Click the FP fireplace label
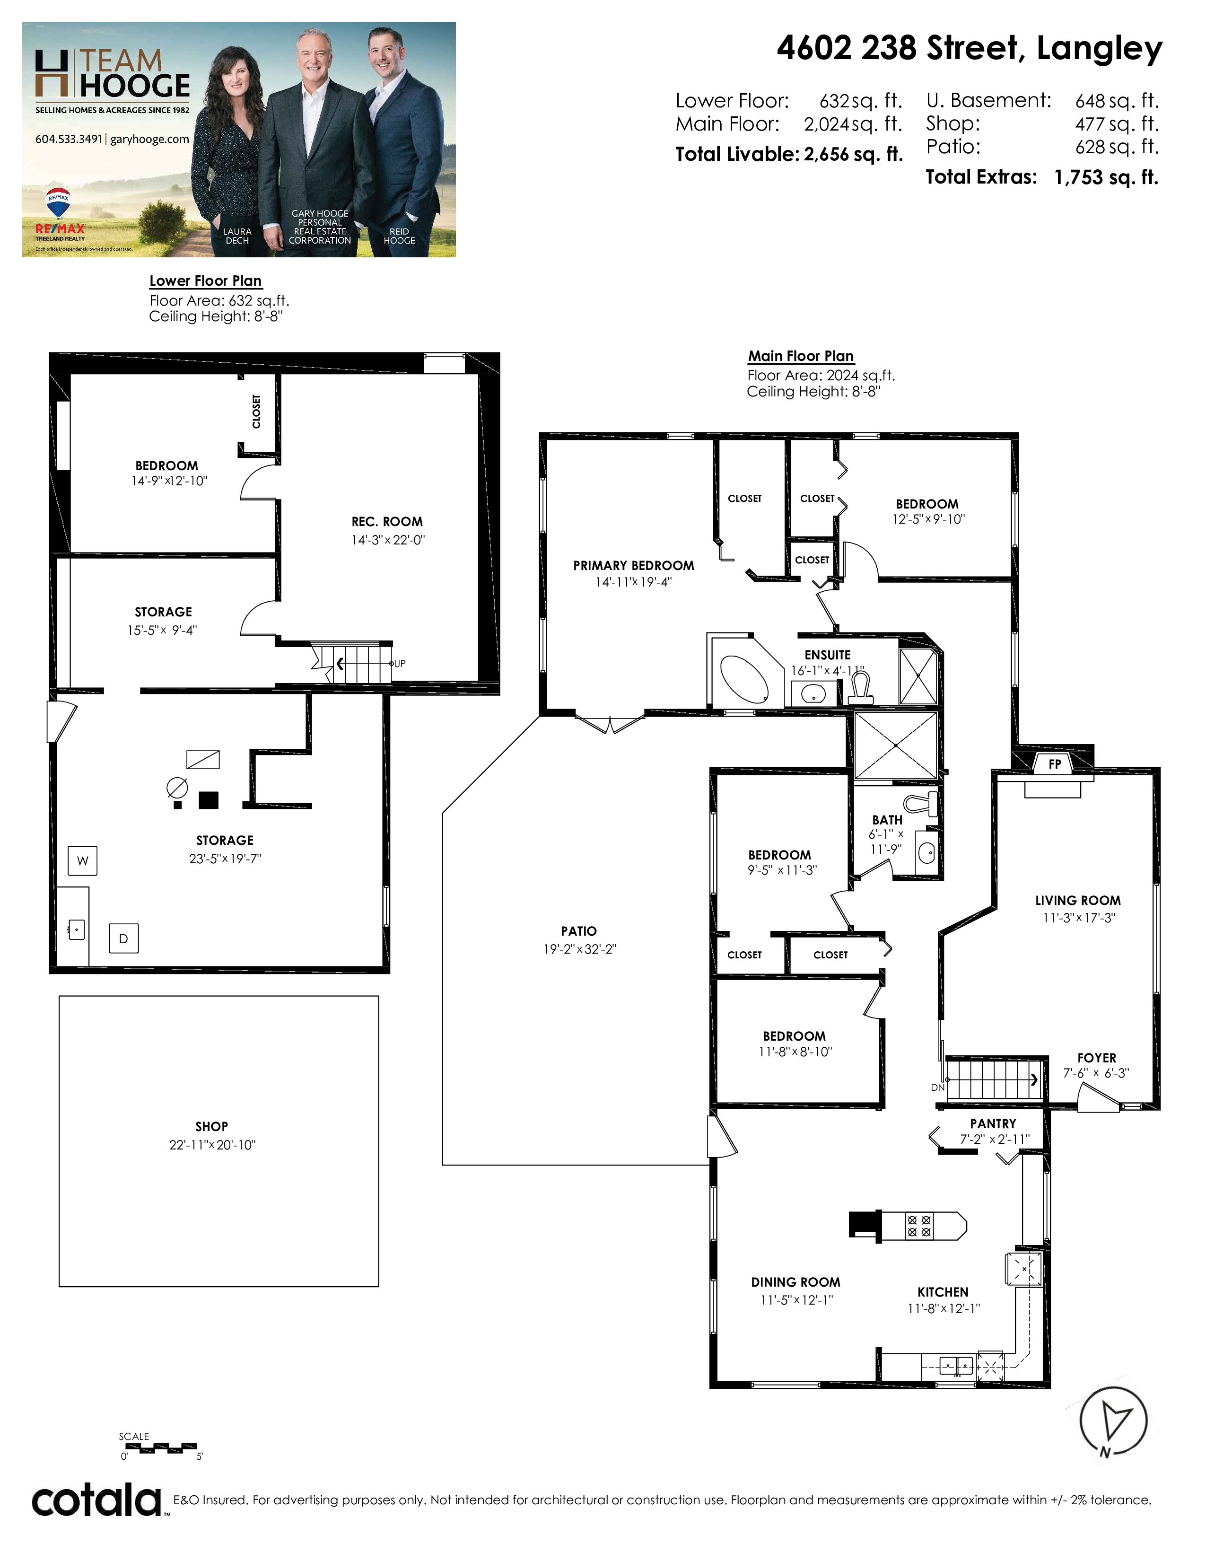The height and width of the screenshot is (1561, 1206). coord(1055,764)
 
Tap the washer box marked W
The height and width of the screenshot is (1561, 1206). coord(82,860)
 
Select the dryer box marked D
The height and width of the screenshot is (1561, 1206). coord(123,938)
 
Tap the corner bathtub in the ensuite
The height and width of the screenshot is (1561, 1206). coord(743,677)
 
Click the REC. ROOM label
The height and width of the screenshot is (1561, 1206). coord(387,522)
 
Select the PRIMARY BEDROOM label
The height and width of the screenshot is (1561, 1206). coord(634,565)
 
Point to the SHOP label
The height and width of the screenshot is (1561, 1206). coord(211,1126)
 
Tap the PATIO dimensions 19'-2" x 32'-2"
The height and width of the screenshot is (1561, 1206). coord(579,949)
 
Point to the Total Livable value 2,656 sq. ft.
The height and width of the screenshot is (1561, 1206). coord(853,154)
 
